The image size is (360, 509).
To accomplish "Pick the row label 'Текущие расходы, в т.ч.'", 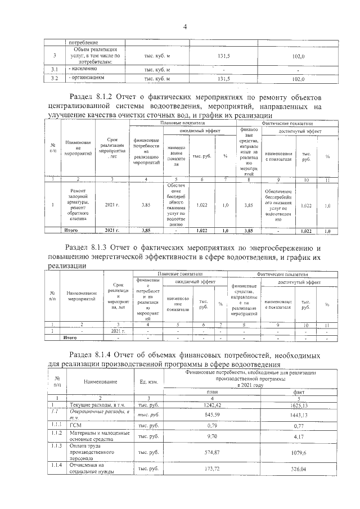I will (92, 405).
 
